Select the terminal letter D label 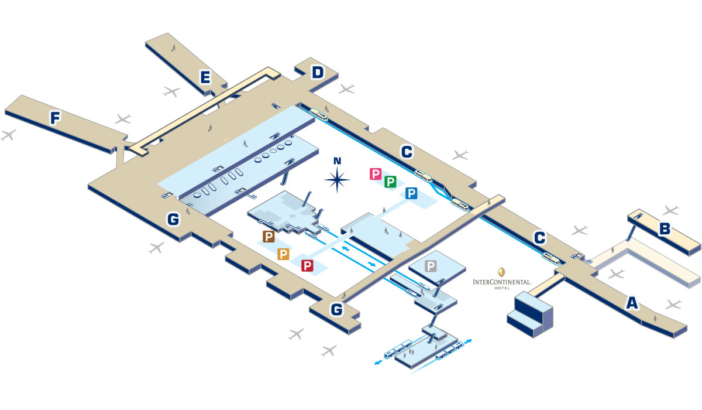317,73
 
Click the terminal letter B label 665,229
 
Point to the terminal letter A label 632,303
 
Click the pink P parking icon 376,174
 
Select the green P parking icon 390,182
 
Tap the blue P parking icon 411,194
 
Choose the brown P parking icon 269,237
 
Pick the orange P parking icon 284,254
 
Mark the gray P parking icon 431,266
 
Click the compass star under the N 338,180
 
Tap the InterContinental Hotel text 502,282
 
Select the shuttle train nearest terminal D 319,114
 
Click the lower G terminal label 336,310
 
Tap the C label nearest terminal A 540,238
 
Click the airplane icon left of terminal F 8,135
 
